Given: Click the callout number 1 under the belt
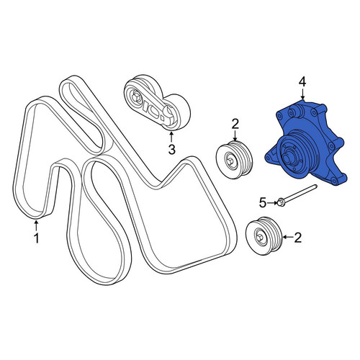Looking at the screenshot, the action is pyautogui.click(x=36, y=238).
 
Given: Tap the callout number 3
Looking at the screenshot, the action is pyautogui.click(x=171, y=150).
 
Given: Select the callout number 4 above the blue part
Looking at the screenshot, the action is pyautogui.click(x=302, y=82).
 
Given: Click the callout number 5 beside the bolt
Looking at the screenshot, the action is pyautogui.click(x=263, y=203).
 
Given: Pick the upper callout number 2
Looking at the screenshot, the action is pyautogui.click(x=235, y=125).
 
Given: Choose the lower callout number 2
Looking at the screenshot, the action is pyautogui.click(x=297, y=238).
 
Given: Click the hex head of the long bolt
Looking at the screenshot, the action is pyautogui.click(x=280, y=203).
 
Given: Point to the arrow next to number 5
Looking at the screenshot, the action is pyautogui.click(x=272, y=203).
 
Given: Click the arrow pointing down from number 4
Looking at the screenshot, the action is pyautogui.click(x=302, y=94).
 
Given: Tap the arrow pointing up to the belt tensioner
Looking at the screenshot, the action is pyautogui.click(x=171, y=137).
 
